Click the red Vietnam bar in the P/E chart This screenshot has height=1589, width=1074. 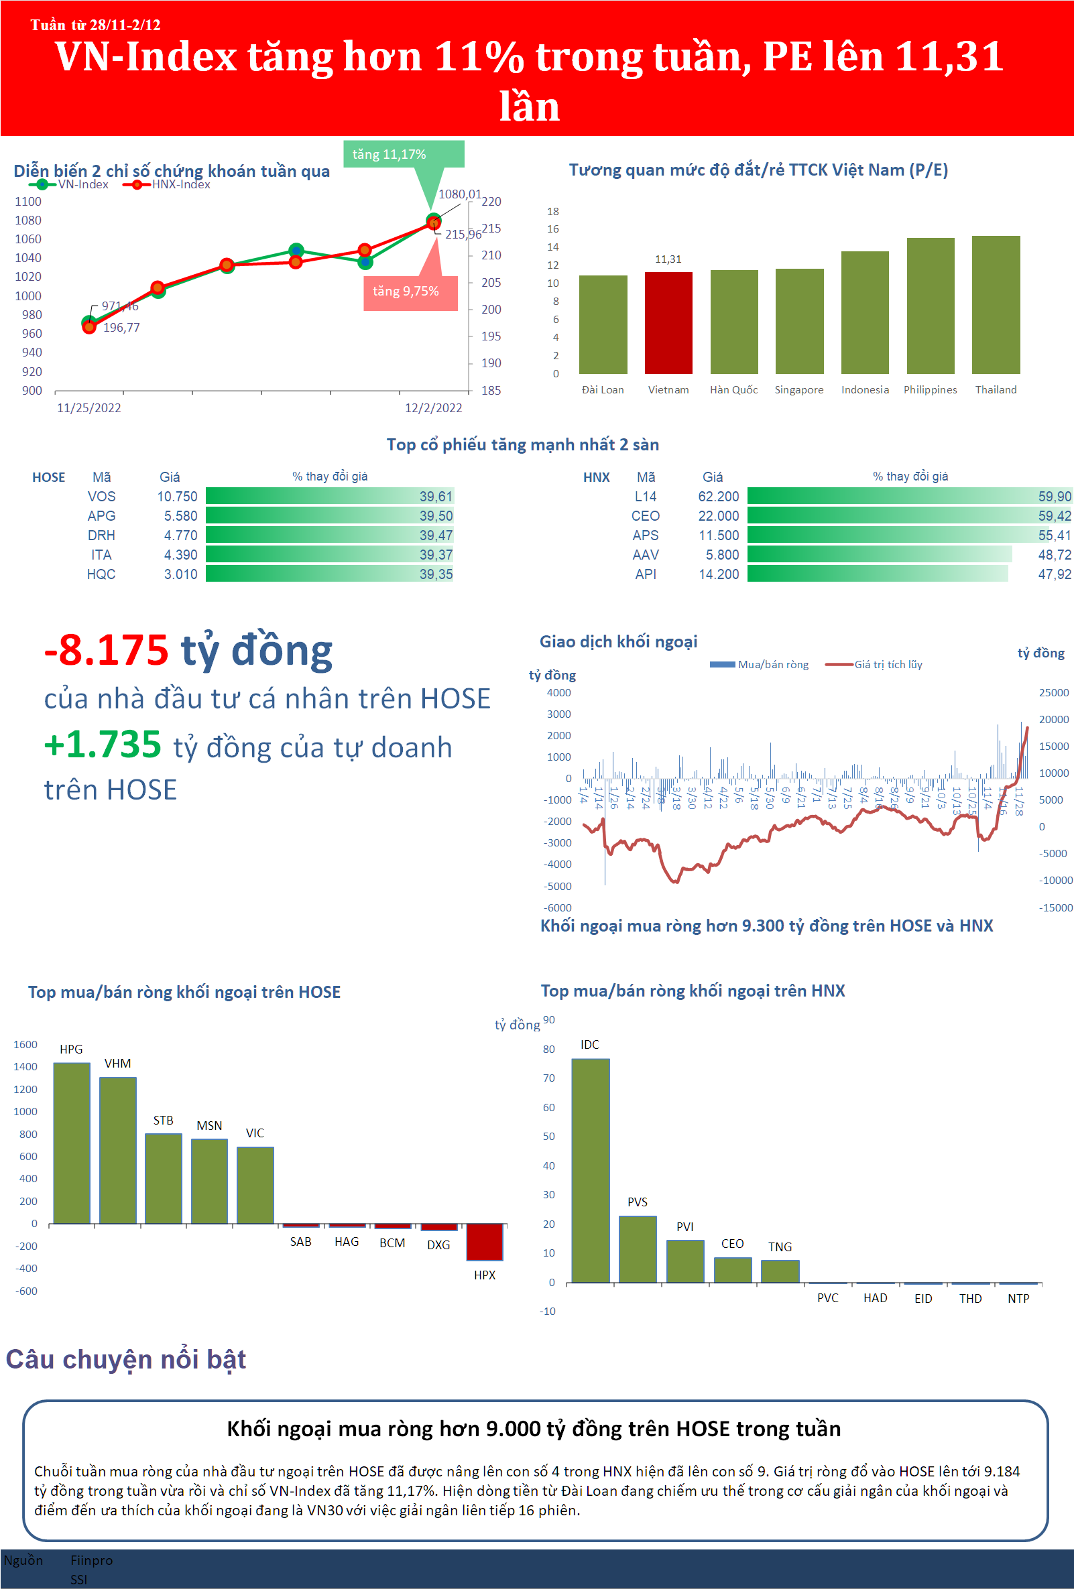(x=668, y=323)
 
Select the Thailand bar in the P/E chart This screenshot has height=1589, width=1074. (x=996, y=305)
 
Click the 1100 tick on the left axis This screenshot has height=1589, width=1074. (x=28, y=202)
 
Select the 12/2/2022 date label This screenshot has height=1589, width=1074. (x=433, y=408)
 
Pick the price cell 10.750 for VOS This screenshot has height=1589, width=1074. (x=177, y=497)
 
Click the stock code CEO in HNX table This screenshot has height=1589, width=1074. (x=645, y=516)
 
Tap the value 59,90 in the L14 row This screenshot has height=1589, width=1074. (x=1054, y=497)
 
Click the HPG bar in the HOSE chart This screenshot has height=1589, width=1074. (x=72, y=1143)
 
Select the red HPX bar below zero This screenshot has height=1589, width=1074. (x=484, y=1242)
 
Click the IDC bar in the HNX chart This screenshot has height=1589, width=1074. (x=591, y=1170)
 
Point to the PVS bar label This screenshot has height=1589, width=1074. (x=637, y=1202)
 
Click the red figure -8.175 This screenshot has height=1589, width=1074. (x=106, y=650)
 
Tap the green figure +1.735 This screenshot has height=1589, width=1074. (x=103, y=745)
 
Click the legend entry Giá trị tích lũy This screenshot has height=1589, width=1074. (x=887, y=665)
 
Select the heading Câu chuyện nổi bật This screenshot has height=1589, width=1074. (x=126, y=1359)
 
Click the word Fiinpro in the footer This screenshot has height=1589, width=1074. (x=91, y=1560)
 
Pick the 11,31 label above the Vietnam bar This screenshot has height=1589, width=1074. (x=668, y=259)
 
